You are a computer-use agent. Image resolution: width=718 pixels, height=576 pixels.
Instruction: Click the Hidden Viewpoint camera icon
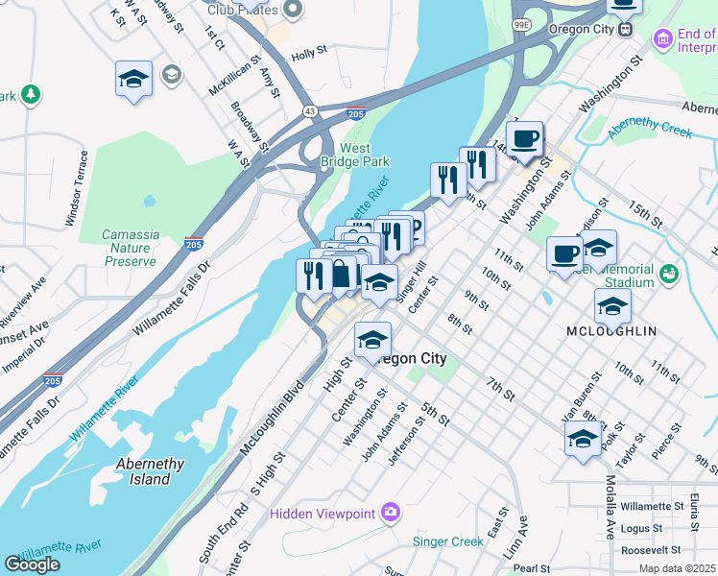[x=390, y=513]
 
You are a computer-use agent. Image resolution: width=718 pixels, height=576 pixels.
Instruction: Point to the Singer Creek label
[x=447, y=541]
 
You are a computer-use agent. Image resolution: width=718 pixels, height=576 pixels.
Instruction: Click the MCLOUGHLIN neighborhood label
[x=611, y=330]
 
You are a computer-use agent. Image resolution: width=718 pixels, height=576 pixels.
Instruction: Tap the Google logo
[x=32, y=564]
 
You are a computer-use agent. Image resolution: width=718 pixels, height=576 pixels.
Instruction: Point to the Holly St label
[x=310, y=55]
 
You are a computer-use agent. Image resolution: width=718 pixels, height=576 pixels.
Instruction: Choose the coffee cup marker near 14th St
[x=524, y=138]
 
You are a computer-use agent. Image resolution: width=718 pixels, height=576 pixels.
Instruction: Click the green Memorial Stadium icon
[x=668, y=276]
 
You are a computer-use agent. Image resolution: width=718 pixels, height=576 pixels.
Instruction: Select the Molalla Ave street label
[x=610, y=509]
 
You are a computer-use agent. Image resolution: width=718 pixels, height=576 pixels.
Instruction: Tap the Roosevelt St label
[x=650, y=551]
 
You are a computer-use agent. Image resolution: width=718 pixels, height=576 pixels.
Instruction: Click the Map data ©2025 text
[x=678, y=568]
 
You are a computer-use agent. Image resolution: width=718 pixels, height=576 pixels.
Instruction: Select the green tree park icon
[x=32, y=94]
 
